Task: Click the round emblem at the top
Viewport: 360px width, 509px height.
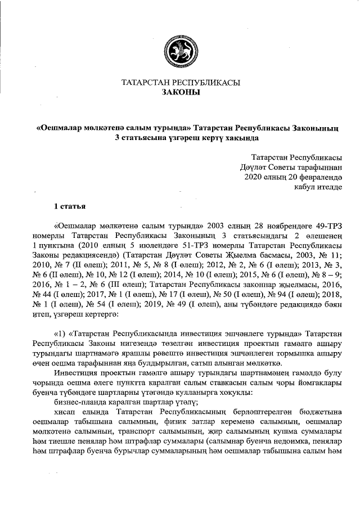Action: pos(180,49)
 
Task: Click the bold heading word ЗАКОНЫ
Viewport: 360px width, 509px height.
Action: pos(180,93)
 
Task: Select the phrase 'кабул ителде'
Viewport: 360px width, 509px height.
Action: pos(319,186)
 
